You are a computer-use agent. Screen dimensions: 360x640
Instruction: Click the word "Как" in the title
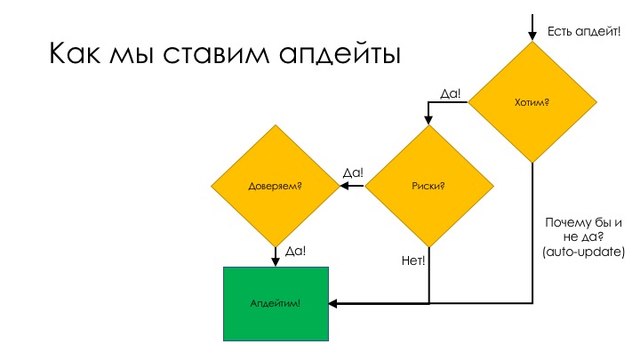(75, 53)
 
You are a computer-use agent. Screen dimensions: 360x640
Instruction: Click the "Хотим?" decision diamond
(532, 103)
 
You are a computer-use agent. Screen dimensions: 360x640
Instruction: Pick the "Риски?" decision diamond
(429, 186)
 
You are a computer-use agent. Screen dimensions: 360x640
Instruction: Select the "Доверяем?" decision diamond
(275, 186)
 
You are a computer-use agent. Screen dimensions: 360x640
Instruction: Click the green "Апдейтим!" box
(275, 304)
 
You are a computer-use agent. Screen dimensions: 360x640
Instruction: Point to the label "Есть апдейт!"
(584, 32)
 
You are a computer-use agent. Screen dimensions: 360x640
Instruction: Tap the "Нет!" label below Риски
(413, 260)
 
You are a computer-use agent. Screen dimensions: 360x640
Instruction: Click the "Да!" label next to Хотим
(451, 92)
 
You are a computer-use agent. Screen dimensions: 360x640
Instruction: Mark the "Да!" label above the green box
(295, 252)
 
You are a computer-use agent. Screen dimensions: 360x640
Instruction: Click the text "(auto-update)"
(584, 252)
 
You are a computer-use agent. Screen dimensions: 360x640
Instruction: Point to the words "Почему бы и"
(584, 222)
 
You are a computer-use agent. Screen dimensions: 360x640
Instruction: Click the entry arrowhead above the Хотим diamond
(532, 36)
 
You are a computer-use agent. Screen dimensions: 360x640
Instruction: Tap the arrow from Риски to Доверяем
(352, 186)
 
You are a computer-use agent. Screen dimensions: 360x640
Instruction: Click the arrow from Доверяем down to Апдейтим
(275, 256)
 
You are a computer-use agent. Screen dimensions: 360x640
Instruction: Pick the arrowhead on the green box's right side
(333, 304)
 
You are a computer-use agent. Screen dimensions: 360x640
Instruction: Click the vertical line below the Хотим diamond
(532, 231)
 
